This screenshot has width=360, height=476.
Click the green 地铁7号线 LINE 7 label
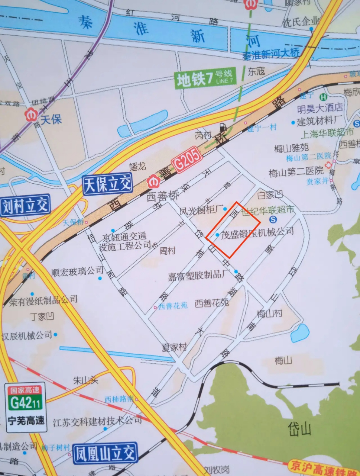tap(205, 78)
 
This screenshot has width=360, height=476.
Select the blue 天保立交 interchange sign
tap(108, 184)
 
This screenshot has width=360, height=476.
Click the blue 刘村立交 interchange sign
tap(25, 206)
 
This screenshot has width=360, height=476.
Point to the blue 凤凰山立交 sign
tap(105, 453)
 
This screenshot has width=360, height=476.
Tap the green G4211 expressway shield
tap(26, 403)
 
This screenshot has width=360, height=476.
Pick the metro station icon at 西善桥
tap(153, 182)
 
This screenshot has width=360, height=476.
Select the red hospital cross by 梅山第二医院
tap(328, 165)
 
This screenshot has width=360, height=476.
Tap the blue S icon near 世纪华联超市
tap(272, 219)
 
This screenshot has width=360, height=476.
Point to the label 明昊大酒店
tap(320, 108)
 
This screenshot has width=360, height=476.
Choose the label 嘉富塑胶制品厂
tap(199, 276)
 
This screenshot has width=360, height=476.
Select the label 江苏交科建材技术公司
tap(97, 421)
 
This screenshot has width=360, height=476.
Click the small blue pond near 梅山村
tap(300, 333)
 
